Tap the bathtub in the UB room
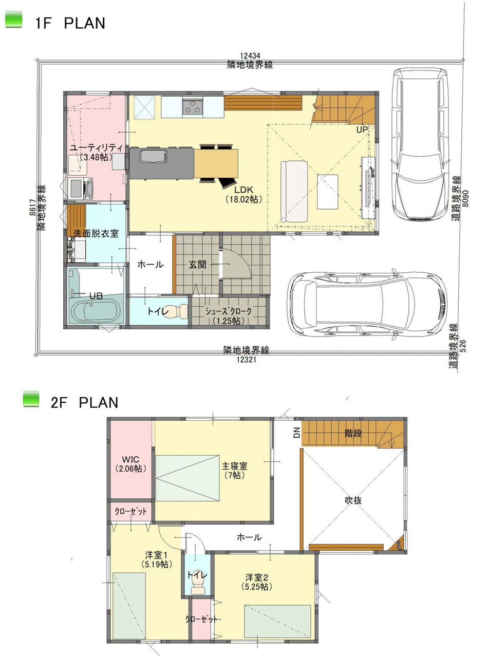coord(96,311)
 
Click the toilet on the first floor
coord(179,312)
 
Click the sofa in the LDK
coord(294,191)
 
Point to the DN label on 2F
coord(296,433)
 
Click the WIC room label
coord(130,463)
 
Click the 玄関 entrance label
coord(197,265)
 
